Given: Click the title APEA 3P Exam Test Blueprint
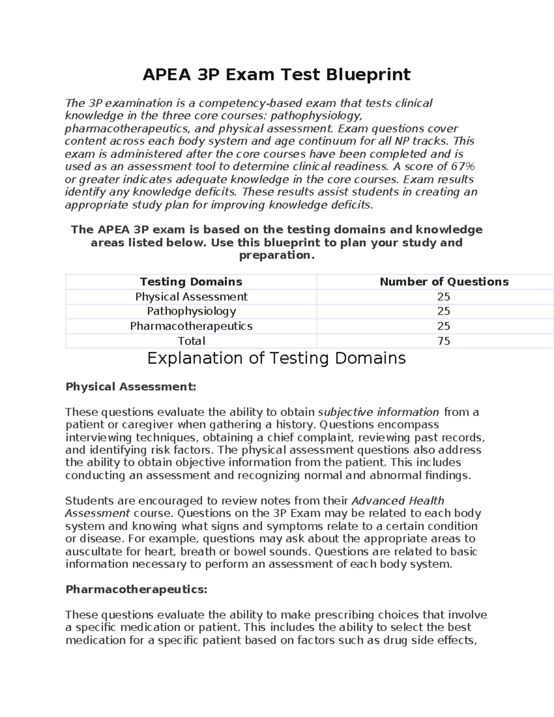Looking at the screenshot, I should (x=276, y=74).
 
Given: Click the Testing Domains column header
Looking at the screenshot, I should (x=191, y=282).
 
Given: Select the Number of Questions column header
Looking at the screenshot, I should (x=444, y=282).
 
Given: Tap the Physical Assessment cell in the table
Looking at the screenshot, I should (x=191, y=296).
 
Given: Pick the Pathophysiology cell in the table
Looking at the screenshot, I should (x=191, y=311).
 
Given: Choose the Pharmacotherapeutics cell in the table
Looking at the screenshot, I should (x=191, y=326).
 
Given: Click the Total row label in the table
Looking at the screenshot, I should (x=191, y=341).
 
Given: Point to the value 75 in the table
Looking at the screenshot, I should (x=444, y=341).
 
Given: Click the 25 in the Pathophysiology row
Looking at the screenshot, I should (x=444, y=311).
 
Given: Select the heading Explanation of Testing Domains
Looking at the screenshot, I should (x=276, y=358).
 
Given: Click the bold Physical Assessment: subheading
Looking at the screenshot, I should (x=131, y=386).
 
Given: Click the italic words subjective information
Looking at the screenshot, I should (x=379, y=412).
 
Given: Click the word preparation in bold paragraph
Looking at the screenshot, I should (x=276, y=255).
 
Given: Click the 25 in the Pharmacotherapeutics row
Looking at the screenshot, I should (x=444, y=326).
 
